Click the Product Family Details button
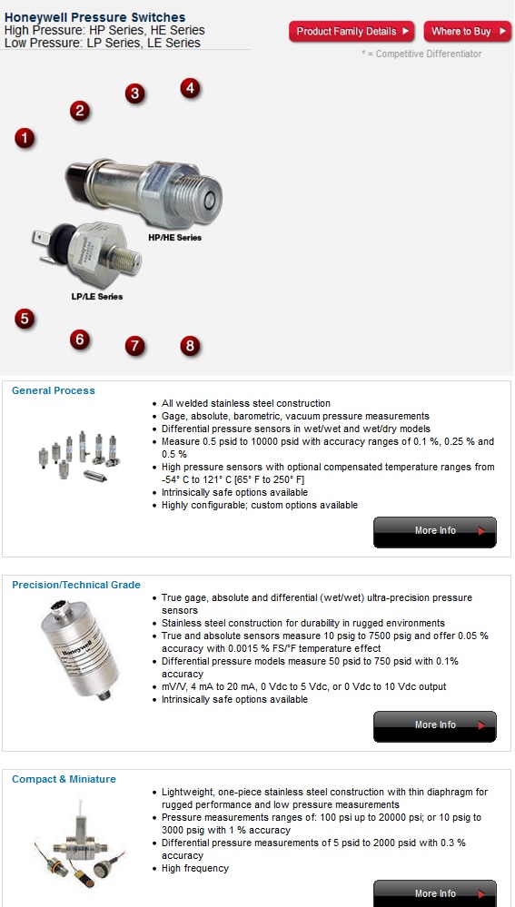pos(352,32)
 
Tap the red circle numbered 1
pos(25,138)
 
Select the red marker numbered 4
pos(189,88)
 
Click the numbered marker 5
pos(25,319)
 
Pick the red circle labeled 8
pos(189,345)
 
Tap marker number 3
pos(134,94)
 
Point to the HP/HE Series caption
pos(174,238)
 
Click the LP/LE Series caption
pos(97,297)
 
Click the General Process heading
pos(53,390)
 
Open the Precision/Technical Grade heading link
pos(76,585)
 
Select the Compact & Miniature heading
pos(64,779)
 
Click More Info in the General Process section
pos(435,531)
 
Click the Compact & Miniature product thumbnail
pos(76,844)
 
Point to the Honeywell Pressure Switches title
pos(94,17)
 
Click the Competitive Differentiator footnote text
pos(421,54)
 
